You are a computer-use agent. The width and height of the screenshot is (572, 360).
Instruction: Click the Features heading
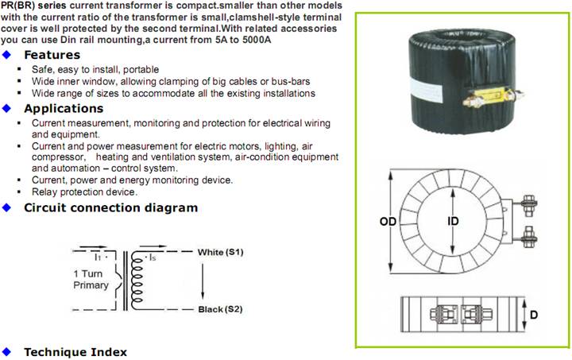(52, 55)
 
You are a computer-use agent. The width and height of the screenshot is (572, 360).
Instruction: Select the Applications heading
(64, 109)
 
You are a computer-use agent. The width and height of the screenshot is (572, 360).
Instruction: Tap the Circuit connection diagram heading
(110, 207)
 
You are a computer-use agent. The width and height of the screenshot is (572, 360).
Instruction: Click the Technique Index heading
(75, 351)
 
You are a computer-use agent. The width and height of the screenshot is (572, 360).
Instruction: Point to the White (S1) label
(220, 252)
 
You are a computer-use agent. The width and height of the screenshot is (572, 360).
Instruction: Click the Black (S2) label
(219, 308)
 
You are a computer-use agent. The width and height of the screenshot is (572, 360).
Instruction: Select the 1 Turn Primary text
(91, 279)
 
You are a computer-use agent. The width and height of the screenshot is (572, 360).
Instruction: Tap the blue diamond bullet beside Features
(8, 55)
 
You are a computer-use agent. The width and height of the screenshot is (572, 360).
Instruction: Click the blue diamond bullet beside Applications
(8, 109)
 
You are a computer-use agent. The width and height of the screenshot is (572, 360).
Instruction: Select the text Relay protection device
(84, 192)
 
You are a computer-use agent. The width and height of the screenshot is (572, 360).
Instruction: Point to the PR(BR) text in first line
(16, 6)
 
